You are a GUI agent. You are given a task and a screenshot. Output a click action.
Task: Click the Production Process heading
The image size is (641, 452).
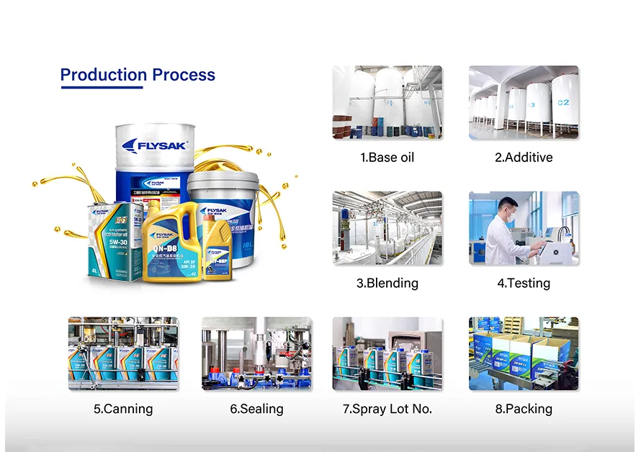click(137, 75)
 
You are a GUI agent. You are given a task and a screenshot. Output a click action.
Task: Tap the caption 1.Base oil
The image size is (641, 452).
click(387, 158)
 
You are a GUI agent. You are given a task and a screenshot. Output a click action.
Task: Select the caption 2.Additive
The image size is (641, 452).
click(524, 158)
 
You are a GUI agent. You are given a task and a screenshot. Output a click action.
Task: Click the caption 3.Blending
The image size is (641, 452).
click(387, 284)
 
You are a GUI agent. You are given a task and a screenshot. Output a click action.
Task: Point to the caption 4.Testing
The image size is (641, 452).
click(524, 284)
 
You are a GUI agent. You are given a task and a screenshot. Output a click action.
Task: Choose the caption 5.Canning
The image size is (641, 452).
click(123, 409)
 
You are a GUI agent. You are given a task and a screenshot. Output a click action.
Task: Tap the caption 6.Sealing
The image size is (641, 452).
click(256, 409)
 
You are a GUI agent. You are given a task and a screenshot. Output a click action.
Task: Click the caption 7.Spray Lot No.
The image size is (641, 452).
click(387, 409)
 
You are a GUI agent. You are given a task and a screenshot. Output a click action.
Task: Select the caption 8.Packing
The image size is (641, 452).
click(524, 409)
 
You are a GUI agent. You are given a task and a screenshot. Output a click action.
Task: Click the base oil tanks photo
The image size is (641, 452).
click(387, 102)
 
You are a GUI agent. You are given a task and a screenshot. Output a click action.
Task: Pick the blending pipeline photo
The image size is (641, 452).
click(387, 228)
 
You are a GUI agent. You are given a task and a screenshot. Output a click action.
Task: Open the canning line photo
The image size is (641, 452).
click(123, 353)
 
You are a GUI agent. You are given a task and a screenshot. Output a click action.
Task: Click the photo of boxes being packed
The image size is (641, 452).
click(524, 353)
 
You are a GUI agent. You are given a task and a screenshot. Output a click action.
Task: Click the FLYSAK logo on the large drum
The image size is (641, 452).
click(154, 145)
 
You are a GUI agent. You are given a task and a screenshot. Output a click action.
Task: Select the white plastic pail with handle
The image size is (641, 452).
click(223, 216)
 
